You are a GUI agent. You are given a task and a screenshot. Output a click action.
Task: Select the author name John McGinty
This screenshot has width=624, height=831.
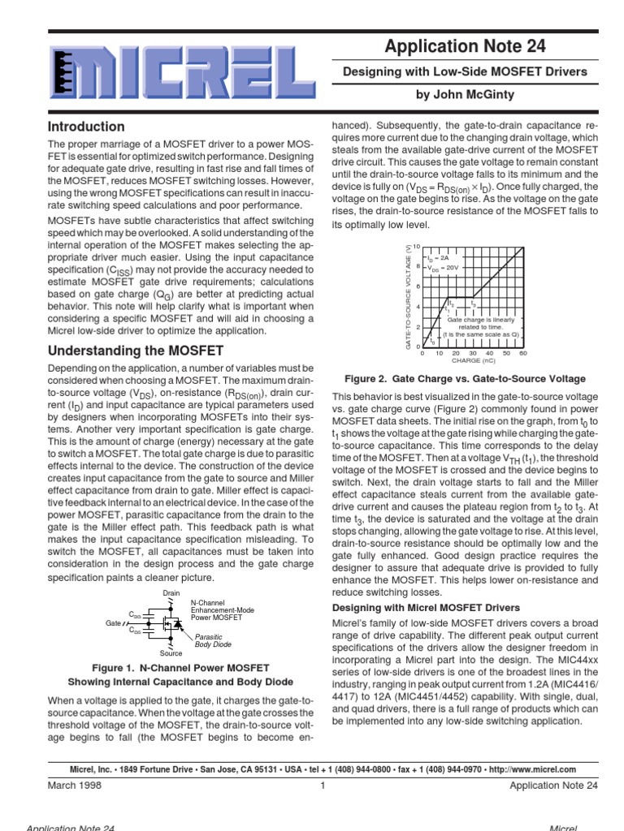[x=466, y=95]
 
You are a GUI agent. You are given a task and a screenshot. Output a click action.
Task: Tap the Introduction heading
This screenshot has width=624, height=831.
[x=86, y=127]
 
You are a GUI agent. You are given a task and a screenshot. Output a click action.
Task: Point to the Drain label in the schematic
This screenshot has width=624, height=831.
[x=171, y=593]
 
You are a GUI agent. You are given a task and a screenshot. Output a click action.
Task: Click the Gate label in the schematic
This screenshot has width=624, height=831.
[x=114, y=622]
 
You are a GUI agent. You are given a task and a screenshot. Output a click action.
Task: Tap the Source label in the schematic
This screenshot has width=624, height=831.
[x=171, y=652]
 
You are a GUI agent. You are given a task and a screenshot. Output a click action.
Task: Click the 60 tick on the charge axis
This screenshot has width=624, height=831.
[x=522, y=354]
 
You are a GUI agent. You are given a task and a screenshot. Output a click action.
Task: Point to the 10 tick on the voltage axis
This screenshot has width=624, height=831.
[x=416, y=246]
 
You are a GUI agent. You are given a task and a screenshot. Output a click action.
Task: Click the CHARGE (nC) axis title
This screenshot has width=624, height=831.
[x=472, y=362]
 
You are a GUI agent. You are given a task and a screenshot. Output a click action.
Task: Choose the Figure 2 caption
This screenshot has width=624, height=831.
[x=466, y=379]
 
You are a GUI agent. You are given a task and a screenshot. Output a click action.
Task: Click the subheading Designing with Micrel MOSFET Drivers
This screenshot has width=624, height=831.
[x=427, y=608]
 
